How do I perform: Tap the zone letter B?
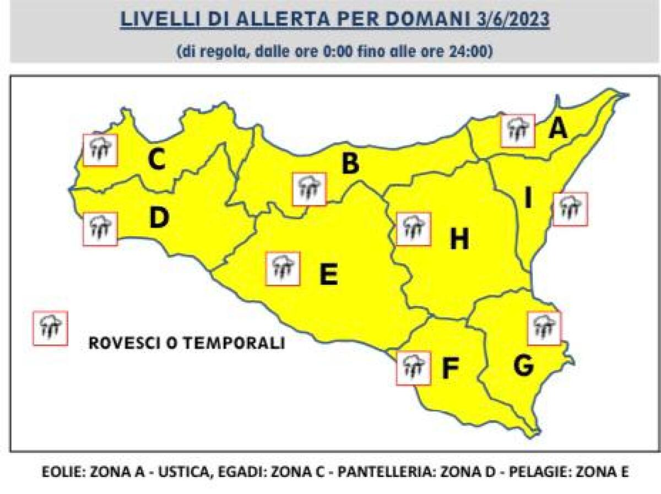coord(351,164)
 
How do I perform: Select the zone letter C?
coord(156,160)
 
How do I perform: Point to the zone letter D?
coord(159,219)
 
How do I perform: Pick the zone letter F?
coord(450,368)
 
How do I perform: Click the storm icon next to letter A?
coord(518,131)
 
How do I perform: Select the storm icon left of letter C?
coord(100,150)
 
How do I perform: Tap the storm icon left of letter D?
coord(100,229)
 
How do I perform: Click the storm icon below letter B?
coord(310,189)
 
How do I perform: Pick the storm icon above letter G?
coord(544,328)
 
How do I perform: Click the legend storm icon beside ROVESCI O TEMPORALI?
coord(50,328)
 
